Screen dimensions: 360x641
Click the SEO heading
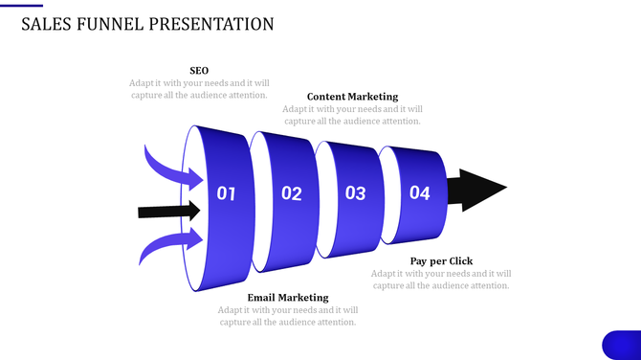pyautogui.click(x=199, y=70)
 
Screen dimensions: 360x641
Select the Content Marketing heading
pyautogui.click(x=352, y=97)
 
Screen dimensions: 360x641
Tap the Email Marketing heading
pyautogui.click(x=287, y=298)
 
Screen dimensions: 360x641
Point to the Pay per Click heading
pyautogui.click(x=441, y=260)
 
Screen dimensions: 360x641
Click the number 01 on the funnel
pyautogui.click(x=226, y=193)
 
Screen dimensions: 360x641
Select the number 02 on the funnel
pyautogui.click(x=292, y=193)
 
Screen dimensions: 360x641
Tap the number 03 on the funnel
pyautogui.click(x=355, y=193)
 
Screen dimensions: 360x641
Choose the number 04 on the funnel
pyautogui.click(x=420, y=192)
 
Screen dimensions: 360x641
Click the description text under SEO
pyautogui.click(x=199, y=89)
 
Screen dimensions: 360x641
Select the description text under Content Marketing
pyautogui.click(x=352, y=115)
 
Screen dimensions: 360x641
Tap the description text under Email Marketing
pyautogui.click(x=287, y=316)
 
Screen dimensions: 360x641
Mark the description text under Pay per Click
pyautogui.click(x=441, y=280)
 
